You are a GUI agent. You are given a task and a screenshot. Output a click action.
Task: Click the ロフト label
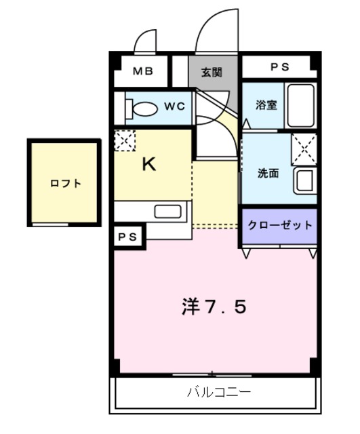65,183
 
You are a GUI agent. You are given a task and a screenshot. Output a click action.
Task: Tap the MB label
142,70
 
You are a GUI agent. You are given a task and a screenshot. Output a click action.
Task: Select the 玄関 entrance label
211,71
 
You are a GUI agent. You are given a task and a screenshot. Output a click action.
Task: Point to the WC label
175,106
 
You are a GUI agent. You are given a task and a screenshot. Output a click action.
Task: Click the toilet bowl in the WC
144,107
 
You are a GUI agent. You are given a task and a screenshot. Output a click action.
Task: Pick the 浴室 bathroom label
264,105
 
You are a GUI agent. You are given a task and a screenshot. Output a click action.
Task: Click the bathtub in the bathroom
300,104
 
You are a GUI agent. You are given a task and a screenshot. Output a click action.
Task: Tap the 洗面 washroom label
268,172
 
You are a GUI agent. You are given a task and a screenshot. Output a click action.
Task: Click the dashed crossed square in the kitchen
124,140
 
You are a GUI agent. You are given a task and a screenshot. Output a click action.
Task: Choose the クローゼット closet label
280,225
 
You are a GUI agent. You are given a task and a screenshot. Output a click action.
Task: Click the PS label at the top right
280,67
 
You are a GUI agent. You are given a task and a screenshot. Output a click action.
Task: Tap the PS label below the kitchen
127,237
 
